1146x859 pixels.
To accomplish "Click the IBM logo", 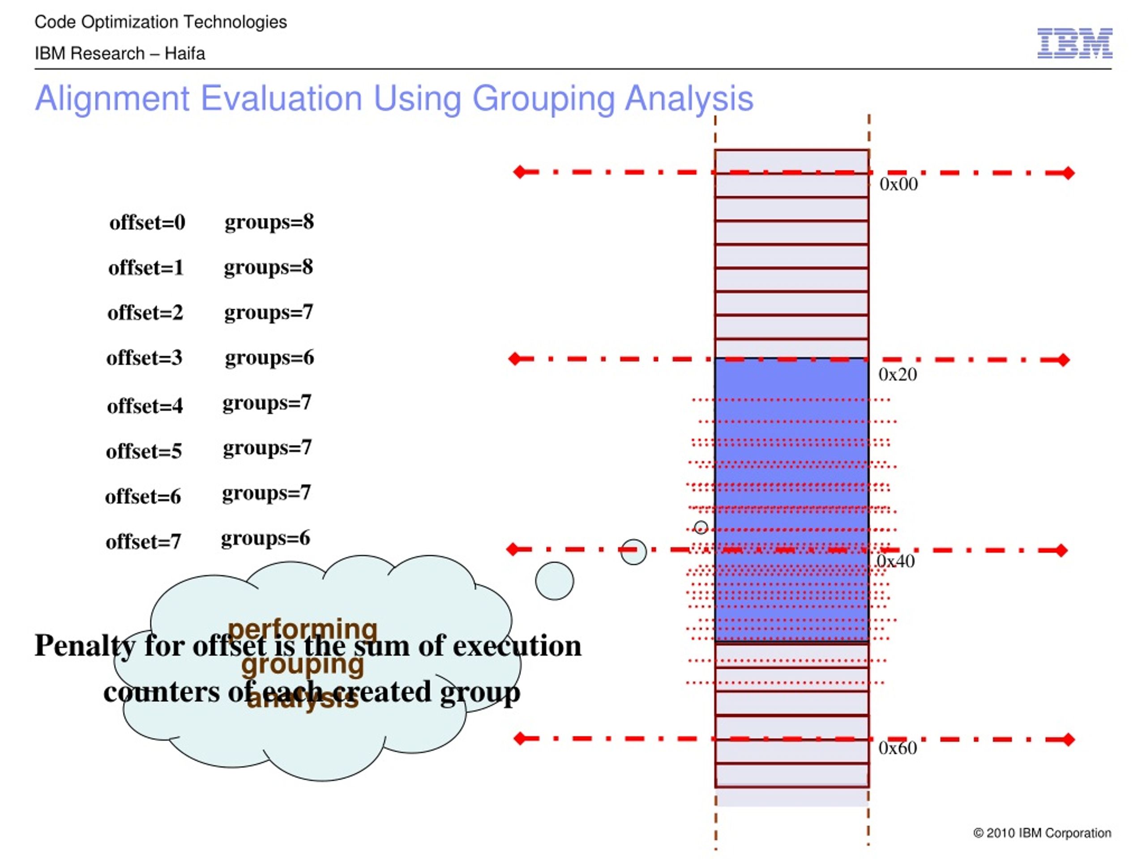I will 1074,43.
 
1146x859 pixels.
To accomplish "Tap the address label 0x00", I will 898,184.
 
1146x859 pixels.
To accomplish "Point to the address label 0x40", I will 896,561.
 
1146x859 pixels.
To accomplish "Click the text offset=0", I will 147,223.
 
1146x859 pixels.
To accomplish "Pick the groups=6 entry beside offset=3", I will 269,358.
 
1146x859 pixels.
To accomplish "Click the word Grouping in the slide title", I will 543,98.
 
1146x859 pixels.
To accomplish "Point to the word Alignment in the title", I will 112,98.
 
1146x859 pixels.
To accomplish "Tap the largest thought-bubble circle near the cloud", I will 554,581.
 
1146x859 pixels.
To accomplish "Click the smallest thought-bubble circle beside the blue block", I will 701,527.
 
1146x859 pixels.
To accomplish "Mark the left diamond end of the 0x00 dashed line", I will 519,172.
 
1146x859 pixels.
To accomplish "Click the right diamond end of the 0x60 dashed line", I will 1068,740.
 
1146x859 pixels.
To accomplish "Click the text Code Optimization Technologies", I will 161,22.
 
